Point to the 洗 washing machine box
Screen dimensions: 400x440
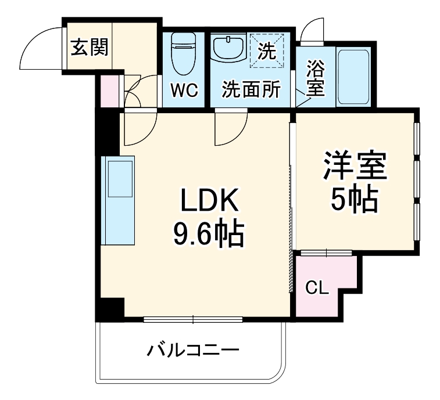[267, 51]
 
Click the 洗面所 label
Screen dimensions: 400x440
[251, 90]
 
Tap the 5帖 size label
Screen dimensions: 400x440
[355, 201]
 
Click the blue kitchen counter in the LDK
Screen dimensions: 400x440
[119, 200]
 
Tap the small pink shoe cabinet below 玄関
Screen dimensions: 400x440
[109, 91]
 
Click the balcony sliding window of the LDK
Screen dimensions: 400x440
[193, 318]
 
